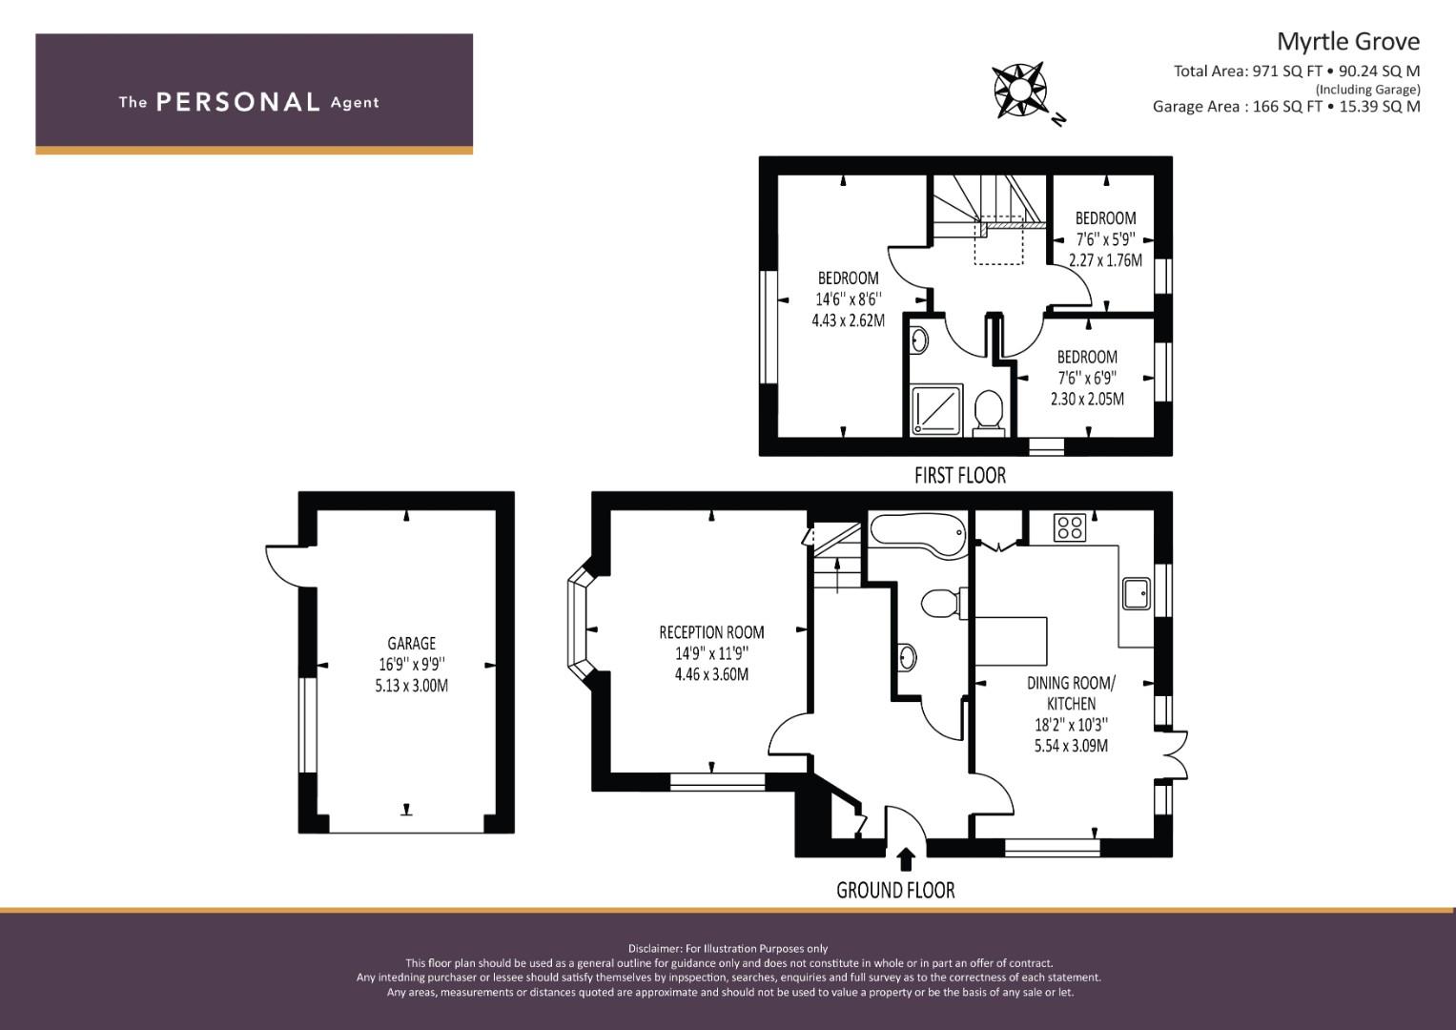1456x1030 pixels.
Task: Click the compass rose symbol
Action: click(1020, 90)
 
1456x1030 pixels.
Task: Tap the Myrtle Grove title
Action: click(1348, 42)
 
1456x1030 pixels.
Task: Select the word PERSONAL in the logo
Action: click(238, 102)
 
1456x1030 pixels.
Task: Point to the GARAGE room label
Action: click(412, 643)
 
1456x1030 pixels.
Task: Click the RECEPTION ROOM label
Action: click(711, 632)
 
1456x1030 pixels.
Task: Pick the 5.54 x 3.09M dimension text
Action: click(1071, 745)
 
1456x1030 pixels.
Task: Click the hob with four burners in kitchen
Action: click(1070, 526)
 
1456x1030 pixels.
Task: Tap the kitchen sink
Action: click(1137, 593)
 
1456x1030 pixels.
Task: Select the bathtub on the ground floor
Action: click(918, 536)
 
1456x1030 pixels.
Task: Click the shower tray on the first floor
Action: click(936, 410)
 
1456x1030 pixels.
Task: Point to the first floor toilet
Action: click(989, 412)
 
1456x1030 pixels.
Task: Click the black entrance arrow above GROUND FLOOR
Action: click(906, 858)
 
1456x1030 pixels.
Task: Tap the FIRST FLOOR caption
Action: click(960, 475)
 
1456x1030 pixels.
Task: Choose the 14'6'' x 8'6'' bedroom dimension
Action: click(849, 299)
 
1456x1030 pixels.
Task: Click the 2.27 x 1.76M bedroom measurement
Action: click(1106, 260)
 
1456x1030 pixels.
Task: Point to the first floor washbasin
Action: click(919, 340)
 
